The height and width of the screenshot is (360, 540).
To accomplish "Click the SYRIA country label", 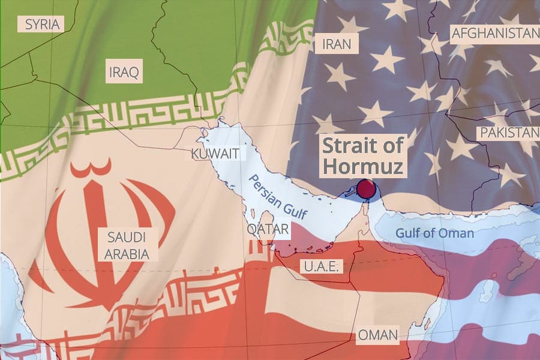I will click(x=41, y=25).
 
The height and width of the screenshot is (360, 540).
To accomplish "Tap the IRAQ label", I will click(x=124, y=73).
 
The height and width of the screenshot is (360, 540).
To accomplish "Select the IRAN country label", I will click(x=337, y=44).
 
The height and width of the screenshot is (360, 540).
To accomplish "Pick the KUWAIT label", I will click(x=218, y=154).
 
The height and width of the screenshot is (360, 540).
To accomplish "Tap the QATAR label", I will click(x=268, y=229).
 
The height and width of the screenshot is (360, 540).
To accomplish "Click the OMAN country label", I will click(x=377, y=335).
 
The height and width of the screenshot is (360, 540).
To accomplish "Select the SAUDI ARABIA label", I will click(x=127, y=245).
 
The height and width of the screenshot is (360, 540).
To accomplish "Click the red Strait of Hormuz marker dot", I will click(x=365, y=190).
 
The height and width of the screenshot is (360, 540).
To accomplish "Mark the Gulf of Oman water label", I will click(x=434, y=233).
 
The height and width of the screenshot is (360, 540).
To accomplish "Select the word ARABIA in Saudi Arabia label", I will click(x=127, y=253).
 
